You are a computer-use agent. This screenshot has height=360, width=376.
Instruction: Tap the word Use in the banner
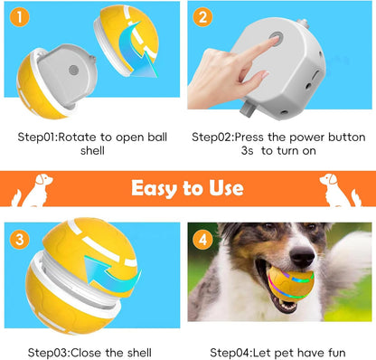[225, 188]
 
